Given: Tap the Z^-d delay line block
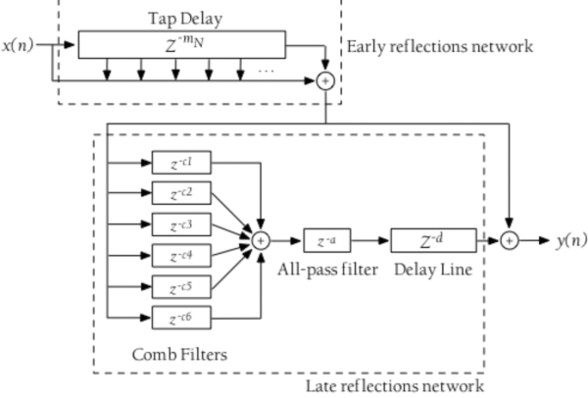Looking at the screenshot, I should (433, 240).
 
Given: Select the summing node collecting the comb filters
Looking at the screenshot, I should (261, 240).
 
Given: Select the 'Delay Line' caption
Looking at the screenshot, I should (433, 269).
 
